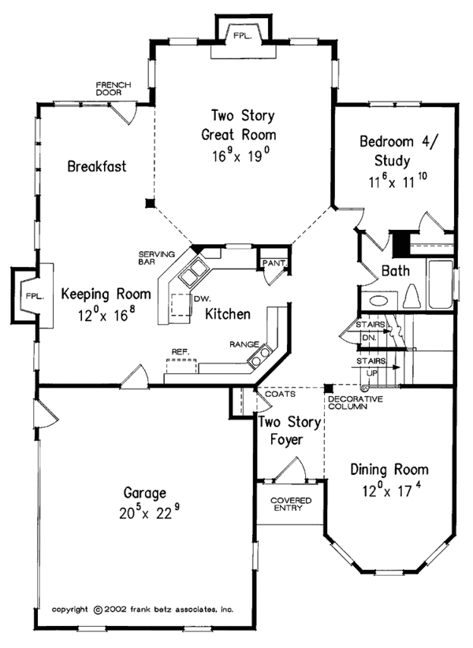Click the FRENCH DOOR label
(x=114, y=88)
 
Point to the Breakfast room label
(x=97, y=167)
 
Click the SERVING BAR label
(x=151, y=258)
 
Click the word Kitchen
(x=228, y=314)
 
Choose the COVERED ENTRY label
(x=290, y=505)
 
